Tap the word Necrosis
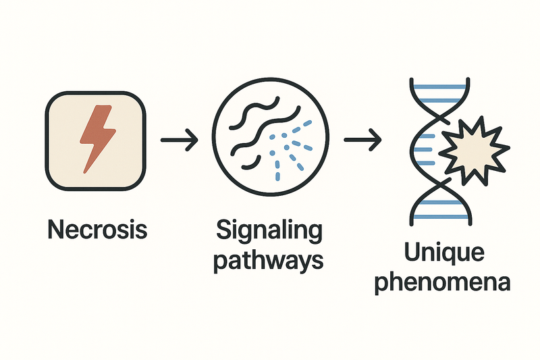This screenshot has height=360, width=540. [x=97, y=230]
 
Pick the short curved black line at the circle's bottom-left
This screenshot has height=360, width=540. [x=249, y=163]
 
